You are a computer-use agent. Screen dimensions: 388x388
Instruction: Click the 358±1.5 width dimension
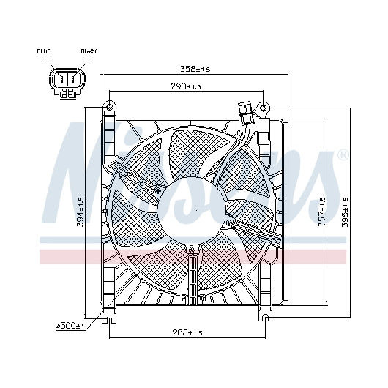[195, 69]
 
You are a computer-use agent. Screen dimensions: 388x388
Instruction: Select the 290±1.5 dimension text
[186, 86]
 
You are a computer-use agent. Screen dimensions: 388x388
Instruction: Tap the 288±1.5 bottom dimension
[187, 332]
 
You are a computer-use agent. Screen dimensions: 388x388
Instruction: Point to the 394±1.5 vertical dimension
[81, 212]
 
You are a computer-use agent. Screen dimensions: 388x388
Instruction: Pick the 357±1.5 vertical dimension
[321, 212]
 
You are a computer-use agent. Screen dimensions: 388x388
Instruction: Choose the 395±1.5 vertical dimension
[345, 212]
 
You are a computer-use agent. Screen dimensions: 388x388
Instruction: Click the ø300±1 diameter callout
[70, 326]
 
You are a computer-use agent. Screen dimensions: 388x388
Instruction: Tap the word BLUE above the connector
[43, 51]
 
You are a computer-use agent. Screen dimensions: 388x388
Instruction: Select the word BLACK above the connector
[89, 51]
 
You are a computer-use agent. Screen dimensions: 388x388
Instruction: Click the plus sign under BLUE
[45, 59]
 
